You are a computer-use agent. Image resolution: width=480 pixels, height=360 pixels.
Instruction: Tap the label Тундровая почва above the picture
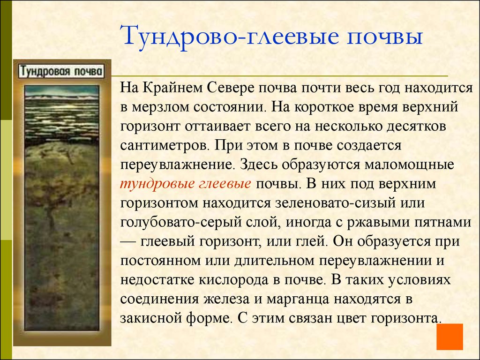click(x=61, y=72)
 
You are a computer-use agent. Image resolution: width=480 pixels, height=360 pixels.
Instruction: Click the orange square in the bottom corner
click(x=449, y=337)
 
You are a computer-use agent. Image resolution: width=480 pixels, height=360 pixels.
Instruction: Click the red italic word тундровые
click(x=153, y=184)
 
